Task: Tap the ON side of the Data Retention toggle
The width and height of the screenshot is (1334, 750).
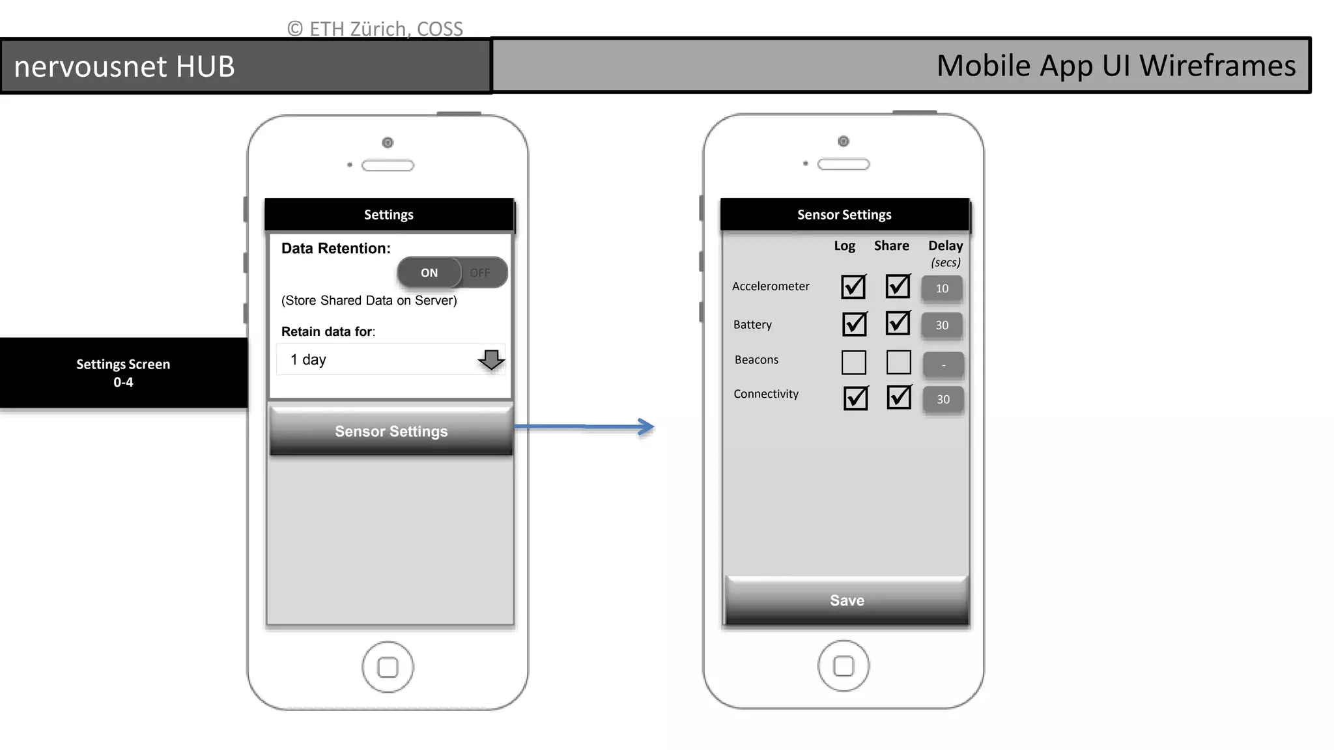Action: (x=429, y=273)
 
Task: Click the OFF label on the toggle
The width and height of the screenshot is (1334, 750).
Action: (x=480, y=273)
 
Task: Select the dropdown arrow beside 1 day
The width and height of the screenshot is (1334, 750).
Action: (x=491, y=359)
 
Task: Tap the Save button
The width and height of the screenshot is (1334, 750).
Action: (x=847, y=600)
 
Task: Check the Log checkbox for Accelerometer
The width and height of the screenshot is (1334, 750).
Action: (x=853, y=286)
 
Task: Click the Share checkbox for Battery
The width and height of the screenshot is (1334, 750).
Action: (x=898, y=323)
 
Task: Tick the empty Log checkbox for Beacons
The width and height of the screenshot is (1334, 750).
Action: (x=853, y=362)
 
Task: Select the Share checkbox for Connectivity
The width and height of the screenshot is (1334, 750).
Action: (x=899, y=397)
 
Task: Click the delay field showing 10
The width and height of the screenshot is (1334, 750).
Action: (x=942, y=288)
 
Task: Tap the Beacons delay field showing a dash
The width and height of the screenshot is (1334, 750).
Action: (x=943, y=365)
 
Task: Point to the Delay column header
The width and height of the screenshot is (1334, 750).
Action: (x=945, y=246)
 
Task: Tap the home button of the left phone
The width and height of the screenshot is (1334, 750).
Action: (x=388, y=667)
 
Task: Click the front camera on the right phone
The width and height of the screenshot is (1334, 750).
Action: (x=844, y=141)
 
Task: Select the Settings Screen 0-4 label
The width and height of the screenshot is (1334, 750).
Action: (x=123, y=372)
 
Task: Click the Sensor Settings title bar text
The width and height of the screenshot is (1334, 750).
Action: (x=844, y=215)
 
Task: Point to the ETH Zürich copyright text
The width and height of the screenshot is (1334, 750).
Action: (x=375, y=29)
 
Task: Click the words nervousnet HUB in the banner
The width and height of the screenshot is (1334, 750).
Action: (x=124, y=66)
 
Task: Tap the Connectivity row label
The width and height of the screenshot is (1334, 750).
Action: (x=766, y=394)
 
